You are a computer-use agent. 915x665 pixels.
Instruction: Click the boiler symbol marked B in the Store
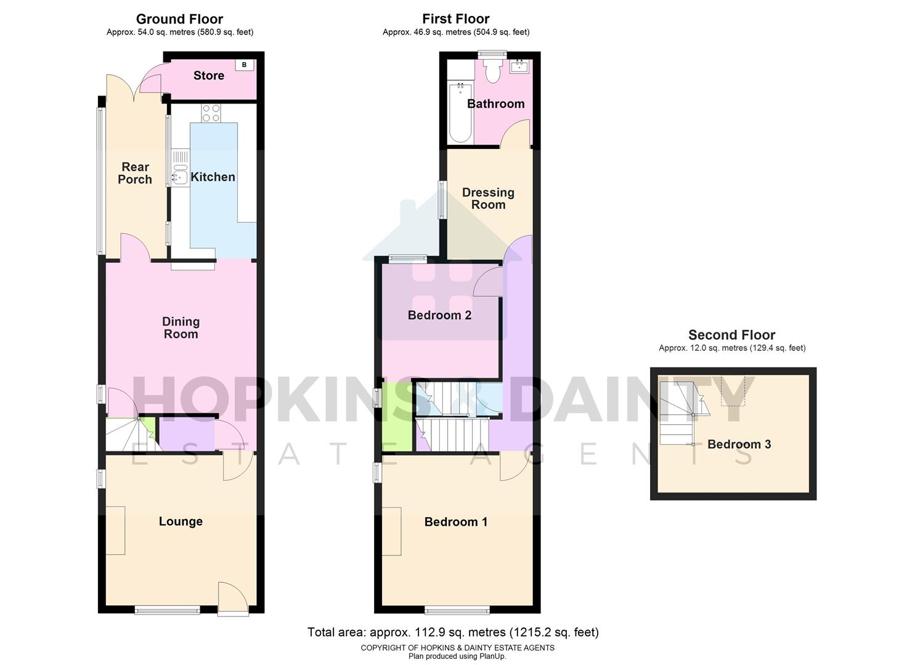[245, 65]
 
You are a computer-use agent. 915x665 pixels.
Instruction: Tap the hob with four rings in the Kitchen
[211, 113]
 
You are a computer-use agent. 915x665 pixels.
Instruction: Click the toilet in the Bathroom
[492, 72]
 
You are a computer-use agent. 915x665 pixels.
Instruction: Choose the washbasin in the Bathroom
[519, 66]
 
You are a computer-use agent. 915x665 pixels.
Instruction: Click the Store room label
[209, 76]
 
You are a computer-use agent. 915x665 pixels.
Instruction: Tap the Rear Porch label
[135, 173]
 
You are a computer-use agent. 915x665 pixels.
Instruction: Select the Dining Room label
[181, 328]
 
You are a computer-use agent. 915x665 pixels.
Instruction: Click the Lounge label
[181, 522]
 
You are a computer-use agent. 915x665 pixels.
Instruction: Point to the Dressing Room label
[488, 198]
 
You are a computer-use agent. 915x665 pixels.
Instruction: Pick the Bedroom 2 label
[439, 315]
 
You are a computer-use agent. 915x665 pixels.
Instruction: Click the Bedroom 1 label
[456, 522]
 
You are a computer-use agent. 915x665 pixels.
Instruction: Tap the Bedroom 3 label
[739, 445]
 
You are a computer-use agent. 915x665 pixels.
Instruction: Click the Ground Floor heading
[179, 19]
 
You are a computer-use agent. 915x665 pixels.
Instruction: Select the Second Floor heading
[731, 335]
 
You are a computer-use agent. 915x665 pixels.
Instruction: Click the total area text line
[453, 632]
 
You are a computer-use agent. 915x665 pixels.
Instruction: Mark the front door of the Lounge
[233, 600]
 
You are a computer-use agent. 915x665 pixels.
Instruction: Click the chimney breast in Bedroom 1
[392, 531]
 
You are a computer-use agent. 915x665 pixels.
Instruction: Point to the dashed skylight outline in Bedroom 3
[733, 391]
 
